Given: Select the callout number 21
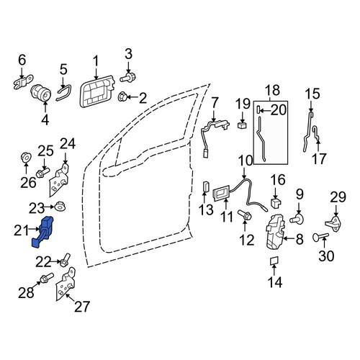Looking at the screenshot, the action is coord(21,230).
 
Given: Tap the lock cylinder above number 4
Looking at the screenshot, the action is coord(41,94).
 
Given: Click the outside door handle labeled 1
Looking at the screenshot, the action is coord(96,92).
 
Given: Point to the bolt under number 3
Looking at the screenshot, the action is coord(128,77).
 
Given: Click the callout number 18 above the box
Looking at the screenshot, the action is coord(274,90).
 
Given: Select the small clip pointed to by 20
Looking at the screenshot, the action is coord(258,110).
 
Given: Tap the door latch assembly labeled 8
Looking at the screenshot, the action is coord(275,232).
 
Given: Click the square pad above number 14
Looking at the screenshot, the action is coord(274,261).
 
